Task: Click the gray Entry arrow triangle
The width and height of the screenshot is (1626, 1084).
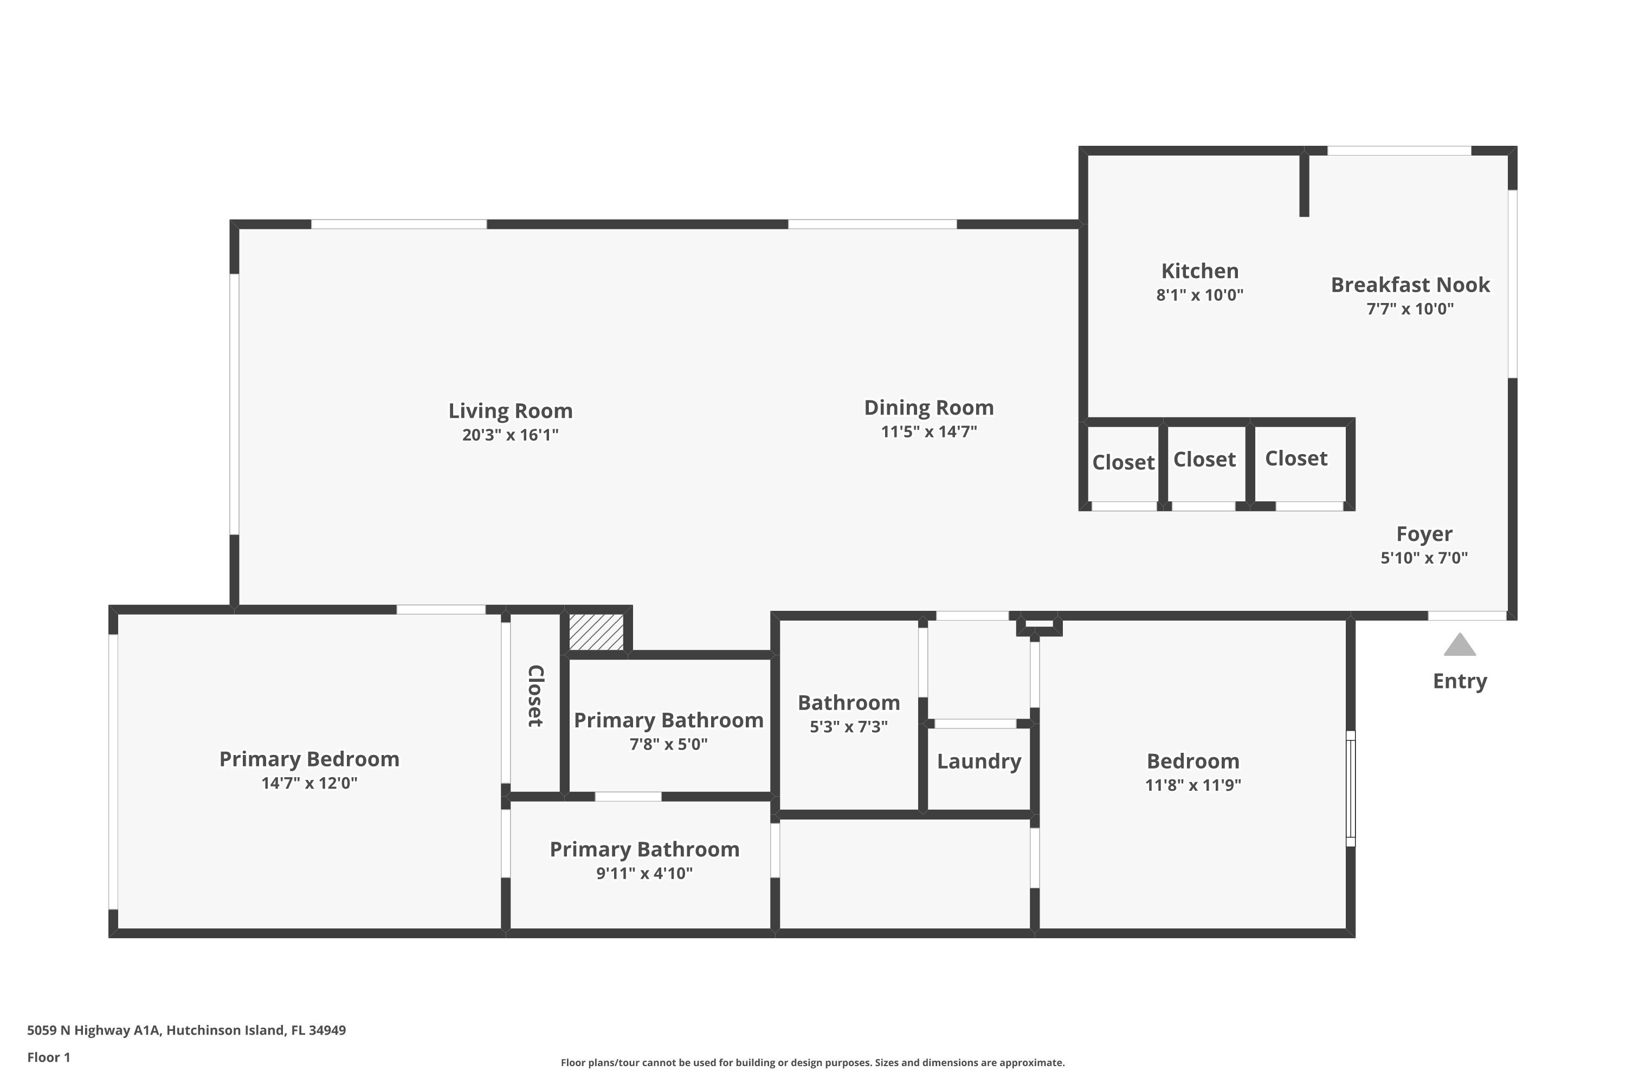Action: click(x=1460, y=645)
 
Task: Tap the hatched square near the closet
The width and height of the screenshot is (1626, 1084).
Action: click(x=596, y=631)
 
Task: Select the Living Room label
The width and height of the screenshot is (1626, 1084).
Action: click(x=510, y=411)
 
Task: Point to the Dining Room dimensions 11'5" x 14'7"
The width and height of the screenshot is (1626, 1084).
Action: click(x=928, y=432)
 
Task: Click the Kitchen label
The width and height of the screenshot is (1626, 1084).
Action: click(x=1199, y=271)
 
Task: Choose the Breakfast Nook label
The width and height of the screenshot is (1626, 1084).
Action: click(x=1410, y=285)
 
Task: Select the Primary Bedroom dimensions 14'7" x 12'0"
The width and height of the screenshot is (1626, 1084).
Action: click(x=309, y=783)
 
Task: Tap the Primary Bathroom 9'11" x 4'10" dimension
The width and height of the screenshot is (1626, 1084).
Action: click(x=644, y=874)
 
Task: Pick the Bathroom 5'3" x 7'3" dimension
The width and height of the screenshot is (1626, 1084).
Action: click(x=848, y=727)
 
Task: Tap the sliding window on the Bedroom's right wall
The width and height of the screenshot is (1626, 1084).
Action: click(x=1350, y=788)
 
